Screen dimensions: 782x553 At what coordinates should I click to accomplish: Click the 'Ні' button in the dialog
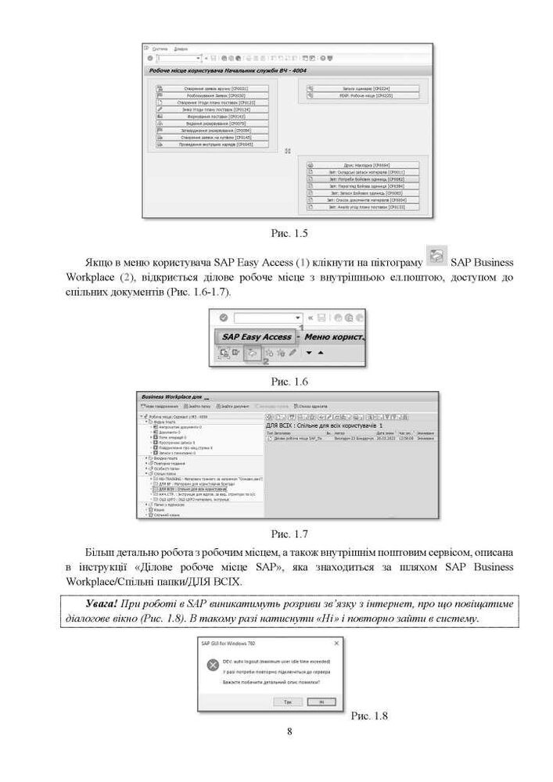[320, 701]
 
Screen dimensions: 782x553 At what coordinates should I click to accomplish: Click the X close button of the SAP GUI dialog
[336, 643]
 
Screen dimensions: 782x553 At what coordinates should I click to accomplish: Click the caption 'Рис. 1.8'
[369, 716]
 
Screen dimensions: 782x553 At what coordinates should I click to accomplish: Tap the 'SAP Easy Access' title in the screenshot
[257, 336]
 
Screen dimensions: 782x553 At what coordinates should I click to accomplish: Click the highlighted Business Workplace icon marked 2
[253, 353]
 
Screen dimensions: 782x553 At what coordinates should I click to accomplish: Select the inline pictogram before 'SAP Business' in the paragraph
[438, 256]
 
